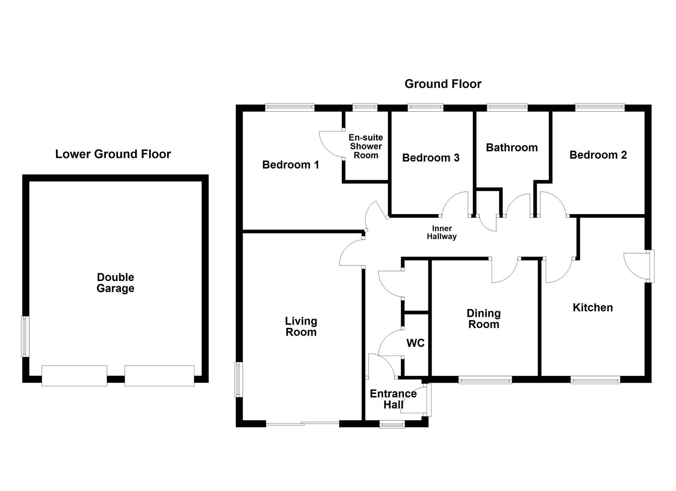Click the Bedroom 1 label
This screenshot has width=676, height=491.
290,165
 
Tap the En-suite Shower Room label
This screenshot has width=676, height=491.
366,146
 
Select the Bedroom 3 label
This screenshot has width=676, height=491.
431,158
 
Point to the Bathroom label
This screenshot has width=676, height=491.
512,147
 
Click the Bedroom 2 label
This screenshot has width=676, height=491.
598,155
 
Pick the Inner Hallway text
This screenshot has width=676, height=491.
441,233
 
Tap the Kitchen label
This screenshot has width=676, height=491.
592,308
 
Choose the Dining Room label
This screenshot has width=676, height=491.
483,319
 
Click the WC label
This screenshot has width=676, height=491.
415,343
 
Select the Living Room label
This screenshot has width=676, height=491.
300,326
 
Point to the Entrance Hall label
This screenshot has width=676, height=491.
393,399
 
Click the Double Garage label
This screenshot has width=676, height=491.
115,283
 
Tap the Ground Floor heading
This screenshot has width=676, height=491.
442,84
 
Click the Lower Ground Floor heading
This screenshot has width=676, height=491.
113,154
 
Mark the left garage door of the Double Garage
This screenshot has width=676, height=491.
74,376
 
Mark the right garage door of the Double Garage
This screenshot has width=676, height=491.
159,376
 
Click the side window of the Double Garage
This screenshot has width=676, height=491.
25,336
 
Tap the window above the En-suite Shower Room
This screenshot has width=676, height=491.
365,108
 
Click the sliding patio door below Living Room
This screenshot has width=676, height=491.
302,424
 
